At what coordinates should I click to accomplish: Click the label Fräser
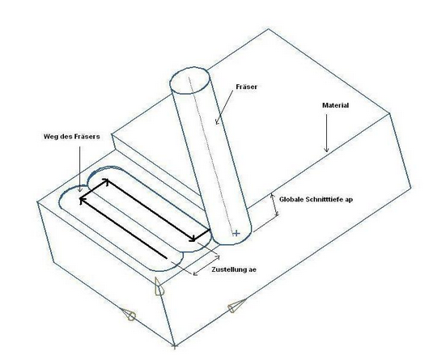pyautogui.click(x=247, y=87)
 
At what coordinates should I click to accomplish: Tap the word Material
pyautogui.click(x=335, y=105)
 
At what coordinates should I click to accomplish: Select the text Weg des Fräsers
pyautogui.click(x=72, y=137)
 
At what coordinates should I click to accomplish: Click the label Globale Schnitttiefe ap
pyautogui.click(x=316, y=199)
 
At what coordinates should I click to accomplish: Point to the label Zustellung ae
pyautogui.click(x=234, y=269)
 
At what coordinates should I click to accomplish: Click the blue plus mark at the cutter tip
pyautogui.click(x=236, y=234)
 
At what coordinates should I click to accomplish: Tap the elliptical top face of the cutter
pyautogui.click(x=189, y=80)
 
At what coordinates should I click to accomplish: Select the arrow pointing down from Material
pyautogui.click(x=326, y=133)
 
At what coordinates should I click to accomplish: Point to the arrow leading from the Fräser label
pyautogui.click(x=224, y=108)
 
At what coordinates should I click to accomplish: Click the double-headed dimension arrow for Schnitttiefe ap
pyautogui.click(x=274, y=205)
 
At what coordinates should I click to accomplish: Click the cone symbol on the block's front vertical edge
pyautogui.click(x=159, y=286)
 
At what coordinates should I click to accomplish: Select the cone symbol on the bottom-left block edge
pyautogui.click(x=129, y=315)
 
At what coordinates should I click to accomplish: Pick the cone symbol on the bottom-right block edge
pyautogui.click(x=236, y=306)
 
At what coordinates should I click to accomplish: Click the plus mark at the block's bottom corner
pyautogui.click(x=175, y=346)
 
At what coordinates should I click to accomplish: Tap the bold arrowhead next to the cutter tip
pyautogui.click(x=193, y=238)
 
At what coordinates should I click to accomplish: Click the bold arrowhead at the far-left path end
pyautogui.click(x=82, y=201)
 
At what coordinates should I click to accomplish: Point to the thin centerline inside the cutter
pyautogui.click(x=211, y=155)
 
